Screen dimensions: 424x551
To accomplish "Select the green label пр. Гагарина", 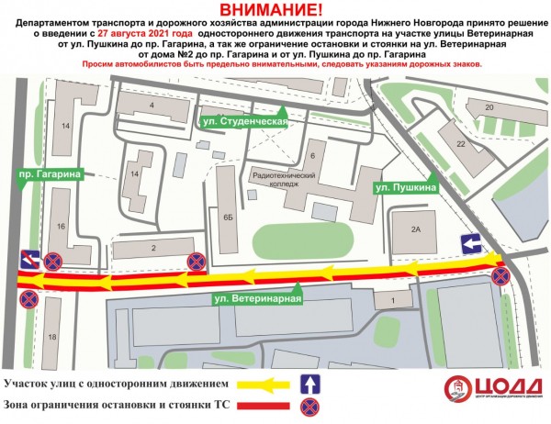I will pyautogui.click(x=51, y=173).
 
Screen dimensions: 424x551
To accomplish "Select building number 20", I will pyautogui.click(x=490, y=107).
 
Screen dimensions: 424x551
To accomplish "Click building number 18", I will pyautogui.click(x=51, y=338).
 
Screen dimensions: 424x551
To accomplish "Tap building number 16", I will pyautogui.click(x=60, y=225).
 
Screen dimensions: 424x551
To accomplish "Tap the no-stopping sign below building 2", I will pyautogui.click(x=196, y=262).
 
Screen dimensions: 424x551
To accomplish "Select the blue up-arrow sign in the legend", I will pyautogui.click(x=311, y=384).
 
